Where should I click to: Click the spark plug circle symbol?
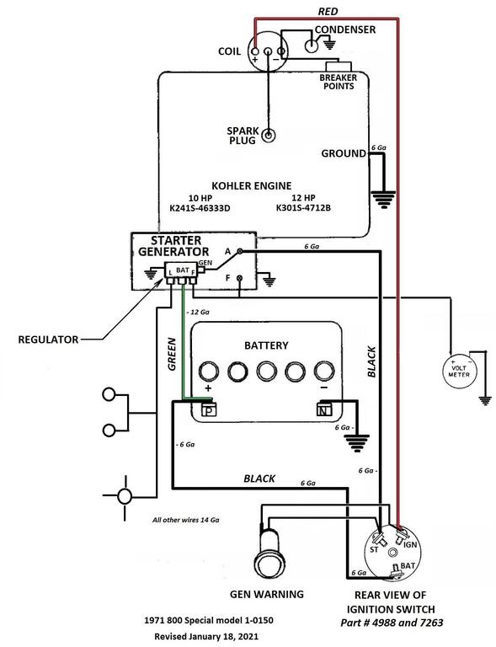click(269, 135)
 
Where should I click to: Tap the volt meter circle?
click(458, 371)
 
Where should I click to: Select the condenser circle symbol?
click(312, 45)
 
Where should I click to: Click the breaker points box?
click(339, 67)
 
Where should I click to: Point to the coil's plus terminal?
click(255, 51)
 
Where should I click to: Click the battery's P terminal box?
click(209, 410)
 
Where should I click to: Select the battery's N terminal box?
click(323, 409)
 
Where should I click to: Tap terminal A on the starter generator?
click(239, 251)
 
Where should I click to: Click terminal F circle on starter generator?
click(239, 278)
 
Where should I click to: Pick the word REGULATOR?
click(48, 340)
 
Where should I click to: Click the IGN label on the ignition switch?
click(410, 545)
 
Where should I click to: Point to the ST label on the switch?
click(374, 549)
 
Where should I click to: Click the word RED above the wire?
click(328, 12)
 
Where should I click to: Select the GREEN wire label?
click(172, 354)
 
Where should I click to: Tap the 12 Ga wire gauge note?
click(198, 312)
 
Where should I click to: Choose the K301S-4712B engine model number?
click(303, 208)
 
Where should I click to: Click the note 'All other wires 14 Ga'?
click(185, 520)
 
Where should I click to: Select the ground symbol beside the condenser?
click(329, 44)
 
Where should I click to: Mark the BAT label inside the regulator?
click(182, 270)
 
